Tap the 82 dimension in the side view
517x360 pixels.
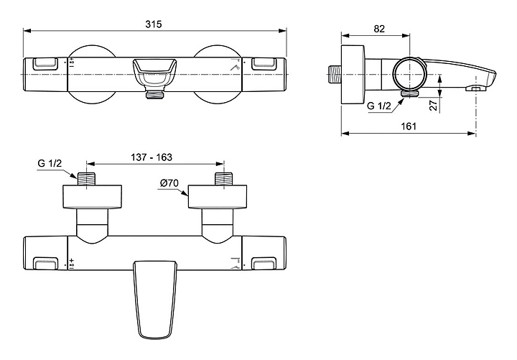(x=381, y=29)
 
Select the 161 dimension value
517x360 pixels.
(x=407, y=125)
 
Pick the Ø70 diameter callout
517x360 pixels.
(x=169, y=183)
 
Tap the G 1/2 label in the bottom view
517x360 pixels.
(x=50, y=165)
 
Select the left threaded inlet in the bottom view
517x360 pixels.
(x=87, y=179)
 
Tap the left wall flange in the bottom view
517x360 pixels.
(x=92, y=197)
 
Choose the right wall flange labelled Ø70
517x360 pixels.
(x=218, y=197)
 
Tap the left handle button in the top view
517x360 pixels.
(x=43, y=63)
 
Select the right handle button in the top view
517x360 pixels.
(x=264, y=63)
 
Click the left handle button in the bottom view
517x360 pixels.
(x=43, y=264)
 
